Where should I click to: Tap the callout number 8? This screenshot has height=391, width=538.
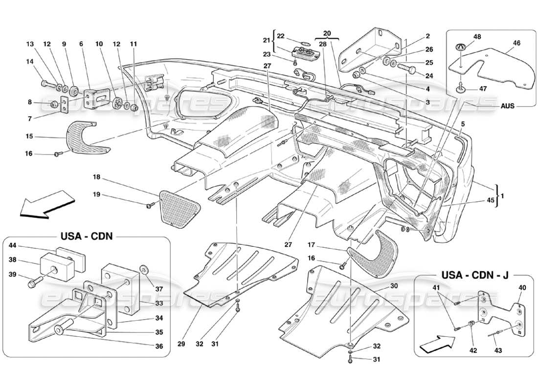coord(30,103)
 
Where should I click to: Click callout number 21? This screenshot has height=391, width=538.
coord(267,40)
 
